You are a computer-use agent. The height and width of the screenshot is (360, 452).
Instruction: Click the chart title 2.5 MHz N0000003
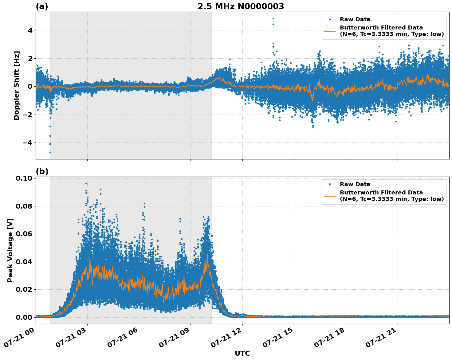coord(241,6)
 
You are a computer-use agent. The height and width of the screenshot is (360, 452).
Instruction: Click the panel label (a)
coord(42,6)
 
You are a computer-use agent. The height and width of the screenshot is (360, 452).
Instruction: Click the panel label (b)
coord(42,171)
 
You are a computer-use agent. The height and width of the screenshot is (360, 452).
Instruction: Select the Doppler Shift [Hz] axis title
coord(17,85)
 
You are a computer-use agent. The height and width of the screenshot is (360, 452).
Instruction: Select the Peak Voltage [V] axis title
coord(10,250)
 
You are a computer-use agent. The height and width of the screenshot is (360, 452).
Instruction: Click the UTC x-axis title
coord(242,353)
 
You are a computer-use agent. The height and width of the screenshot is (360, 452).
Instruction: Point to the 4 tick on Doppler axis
coord(30,30)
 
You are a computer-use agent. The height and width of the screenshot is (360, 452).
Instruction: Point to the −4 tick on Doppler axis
coord(28,143)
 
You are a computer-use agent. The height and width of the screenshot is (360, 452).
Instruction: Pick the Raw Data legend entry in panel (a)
coord(355,19)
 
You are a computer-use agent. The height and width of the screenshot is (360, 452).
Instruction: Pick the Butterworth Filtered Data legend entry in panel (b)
coord(391,196)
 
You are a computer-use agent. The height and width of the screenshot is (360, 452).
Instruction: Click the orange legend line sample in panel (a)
coord(330,31)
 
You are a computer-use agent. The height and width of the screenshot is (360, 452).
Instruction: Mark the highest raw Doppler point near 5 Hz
coord(273,18)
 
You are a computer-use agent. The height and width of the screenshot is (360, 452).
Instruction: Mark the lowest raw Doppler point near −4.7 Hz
coord(50,152)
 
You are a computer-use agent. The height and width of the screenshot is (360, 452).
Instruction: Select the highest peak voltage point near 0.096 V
coord(86,183)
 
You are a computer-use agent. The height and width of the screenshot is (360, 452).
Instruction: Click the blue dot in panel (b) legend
coord(330,184)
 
